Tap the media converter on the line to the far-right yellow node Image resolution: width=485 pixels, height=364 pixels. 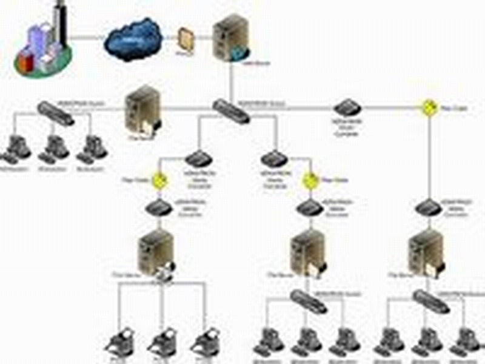[347, 109]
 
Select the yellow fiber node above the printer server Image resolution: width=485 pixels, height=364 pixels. [159, 180]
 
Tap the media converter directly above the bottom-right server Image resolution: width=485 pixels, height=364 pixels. [429, 209]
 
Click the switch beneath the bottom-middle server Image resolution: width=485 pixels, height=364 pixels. [309, 299]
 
